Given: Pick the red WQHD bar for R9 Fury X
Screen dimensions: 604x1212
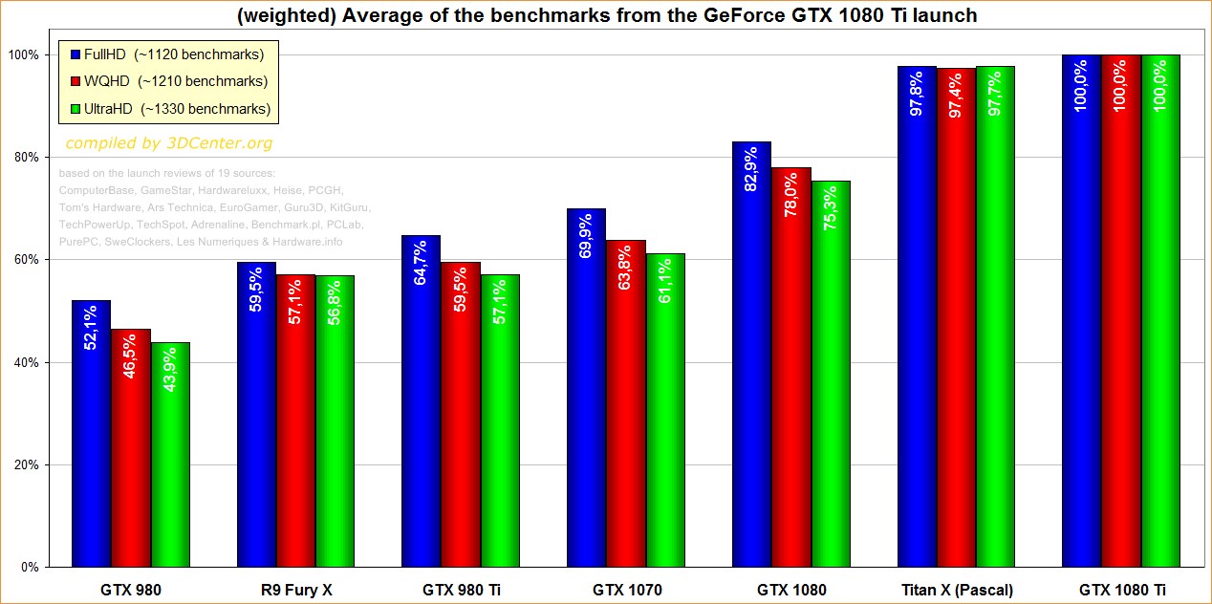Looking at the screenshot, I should point(295,421).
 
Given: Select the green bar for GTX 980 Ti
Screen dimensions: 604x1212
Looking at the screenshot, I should point(500,421).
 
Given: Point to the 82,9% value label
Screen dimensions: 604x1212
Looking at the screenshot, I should point(752,168).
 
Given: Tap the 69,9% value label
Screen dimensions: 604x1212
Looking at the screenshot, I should point(587,235).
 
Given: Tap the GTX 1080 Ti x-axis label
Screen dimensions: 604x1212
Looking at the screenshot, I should point(1121,590).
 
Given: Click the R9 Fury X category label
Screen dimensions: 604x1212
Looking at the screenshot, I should point(295,590).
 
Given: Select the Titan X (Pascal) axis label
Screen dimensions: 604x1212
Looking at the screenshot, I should point(956,590).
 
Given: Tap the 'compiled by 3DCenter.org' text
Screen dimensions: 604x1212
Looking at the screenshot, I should point(168,143).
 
